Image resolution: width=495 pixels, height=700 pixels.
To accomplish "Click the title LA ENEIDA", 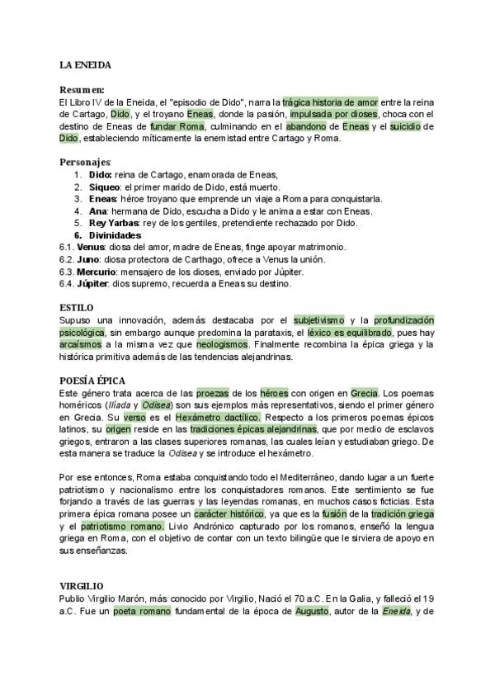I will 85,64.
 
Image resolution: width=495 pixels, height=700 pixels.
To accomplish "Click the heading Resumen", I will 82,90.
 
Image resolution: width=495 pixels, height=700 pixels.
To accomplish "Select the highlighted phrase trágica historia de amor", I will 330,102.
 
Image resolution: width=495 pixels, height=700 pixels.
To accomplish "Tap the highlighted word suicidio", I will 411,126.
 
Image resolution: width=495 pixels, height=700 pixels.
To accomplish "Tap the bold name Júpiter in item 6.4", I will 93,283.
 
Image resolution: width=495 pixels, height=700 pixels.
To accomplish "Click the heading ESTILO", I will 78,308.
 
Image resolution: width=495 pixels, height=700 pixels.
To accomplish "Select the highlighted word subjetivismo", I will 318,319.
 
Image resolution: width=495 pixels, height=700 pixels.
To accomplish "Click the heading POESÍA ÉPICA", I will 92,381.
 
